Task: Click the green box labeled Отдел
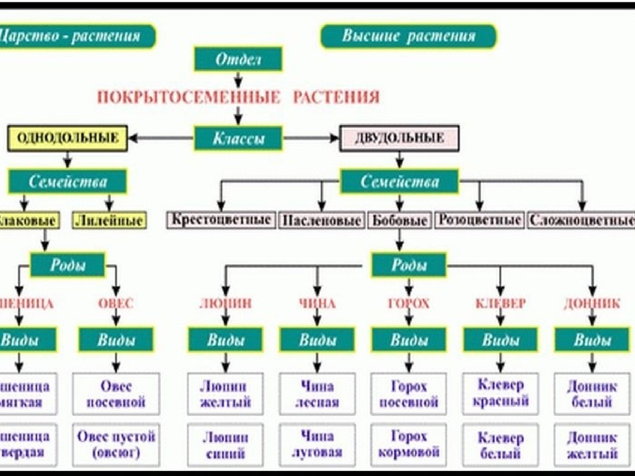[x=238, y=59]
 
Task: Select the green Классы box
[x=238, y=138]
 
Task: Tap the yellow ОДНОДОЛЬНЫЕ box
[x=67, y=138]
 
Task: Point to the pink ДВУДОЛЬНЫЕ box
[x=399, y=138]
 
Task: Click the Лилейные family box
[x=109, y=220]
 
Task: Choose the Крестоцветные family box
[x=221, y=219]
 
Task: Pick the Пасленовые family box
[x=321, y=220]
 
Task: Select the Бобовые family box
[x=399, y=220]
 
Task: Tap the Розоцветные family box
[x=479, y=219]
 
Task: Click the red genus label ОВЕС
[x=115, y=304]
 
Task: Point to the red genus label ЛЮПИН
[x=225, y=304]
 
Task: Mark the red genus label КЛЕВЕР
[x=500, y=304]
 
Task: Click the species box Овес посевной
[x=116, y=394]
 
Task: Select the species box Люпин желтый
[x=225, y=394]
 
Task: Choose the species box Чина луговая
[x=317, y=444]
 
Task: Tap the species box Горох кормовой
[x=409, y=444]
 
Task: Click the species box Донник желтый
[x=592, y=444]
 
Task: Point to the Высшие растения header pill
[x=409, y=36]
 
